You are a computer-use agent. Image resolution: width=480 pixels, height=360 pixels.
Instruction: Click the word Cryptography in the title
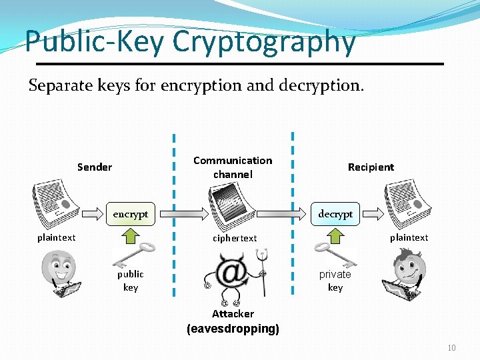tap(264, 41)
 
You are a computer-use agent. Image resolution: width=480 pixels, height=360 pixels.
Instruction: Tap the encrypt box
tap(131, 214)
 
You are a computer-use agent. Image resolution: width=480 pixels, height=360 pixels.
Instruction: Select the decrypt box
tap(335, 214)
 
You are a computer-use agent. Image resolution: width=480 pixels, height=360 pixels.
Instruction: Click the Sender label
tap(95, 167)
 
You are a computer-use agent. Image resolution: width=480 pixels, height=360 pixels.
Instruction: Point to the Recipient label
tap(371, 167)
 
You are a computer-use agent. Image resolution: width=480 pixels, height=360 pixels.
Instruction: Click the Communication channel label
tap(233, 167)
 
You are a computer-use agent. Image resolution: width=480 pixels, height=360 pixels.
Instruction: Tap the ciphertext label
tap(235, 238)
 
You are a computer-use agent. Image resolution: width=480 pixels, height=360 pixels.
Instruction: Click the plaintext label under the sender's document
tap(57, 237)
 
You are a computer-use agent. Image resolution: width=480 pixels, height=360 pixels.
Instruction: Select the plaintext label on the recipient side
tap(409, 237)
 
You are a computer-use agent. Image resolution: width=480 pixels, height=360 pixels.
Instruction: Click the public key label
tap(131, 281)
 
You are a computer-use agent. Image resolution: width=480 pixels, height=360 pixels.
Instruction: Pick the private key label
tap(335, 281)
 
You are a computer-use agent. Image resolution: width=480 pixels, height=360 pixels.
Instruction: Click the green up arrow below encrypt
tap(131, 234)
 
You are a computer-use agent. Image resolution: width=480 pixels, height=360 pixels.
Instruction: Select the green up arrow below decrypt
tap(335, 234)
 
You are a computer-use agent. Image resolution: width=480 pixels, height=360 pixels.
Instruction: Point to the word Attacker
tap(233, 313)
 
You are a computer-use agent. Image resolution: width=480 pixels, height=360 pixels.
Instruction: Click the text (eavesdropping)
tap(233, 329)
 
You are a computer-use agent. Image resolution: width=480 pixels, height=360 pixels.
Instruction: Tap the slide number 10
tap(451, 348)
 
